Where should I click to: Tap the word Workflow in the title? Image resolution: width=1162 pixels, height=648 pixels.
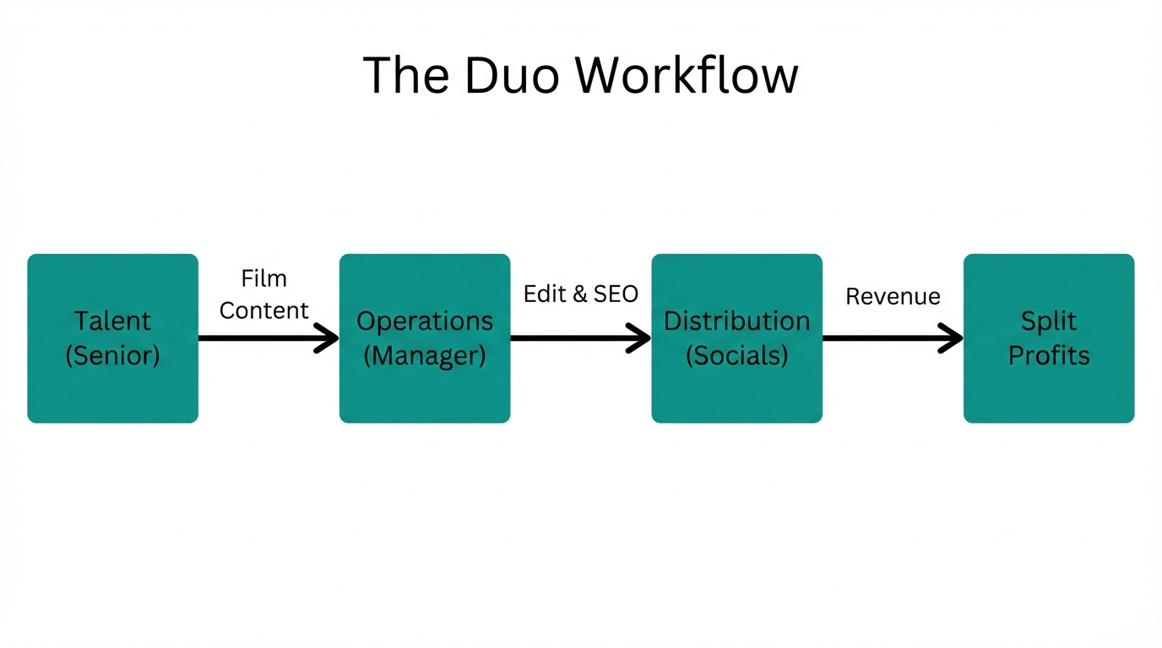(x=687, y=75)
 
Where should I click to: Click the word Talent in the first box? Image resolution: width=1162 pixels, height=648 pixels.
(x=112, y=321)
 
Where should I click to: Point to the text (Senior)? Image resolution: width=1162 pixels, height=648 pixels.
(x=112, y=355)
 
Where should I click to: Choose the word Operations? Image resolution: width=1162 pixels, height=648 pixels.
(x=425, y=321)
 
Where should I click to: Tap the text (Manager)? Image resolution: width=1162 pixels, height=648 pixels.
(x=425, y=355)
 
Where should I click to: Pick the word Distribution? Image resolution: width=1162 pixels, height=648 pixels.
(x=736, y=321)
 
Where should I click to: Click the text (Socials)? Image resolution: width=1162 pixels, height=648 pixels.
(x=736, y=355)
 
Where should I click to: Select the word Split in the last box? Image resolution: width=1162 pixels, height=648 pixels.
(x=1049, y=321)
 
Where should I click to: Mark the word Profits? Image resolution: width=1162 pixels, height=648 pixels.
(x=1049, y=355)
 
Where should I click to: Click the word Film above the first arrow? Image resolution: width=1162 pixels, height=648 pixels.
(x=264, y=278)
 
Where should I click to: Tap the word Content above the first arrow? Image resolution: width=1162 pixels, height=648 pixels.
(x=264, y=310)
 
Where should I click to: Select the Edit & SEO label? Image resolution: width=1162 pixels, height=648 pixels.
(x=581, y=294)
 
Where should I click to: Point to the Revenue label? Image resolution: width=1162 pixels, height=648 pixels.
(x=893, y=297)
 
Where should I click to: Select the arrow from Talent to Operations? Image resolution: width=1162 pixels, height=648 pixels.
(x=262, y=338)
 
